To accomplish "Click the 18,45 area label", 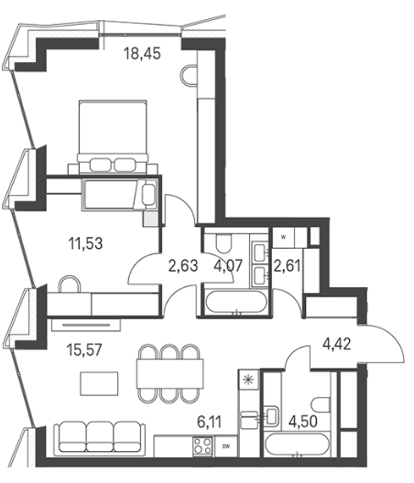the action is click(x=142, y=53).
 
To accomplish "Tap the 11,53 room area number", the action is click(x=85, y=243).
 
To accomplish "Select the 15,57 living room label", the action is click(x=84, y=350).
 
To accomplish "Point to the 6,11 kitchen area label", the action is click(x=210, y=422).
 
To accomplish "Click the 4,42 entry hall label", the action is click(x=336, y=344).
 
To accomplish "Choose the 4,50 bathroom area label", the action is click(x=302, y=422).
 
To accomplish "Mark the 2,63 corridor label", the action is click(x=183, y=266).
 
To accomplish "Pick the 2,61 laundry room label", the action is click(x=287, y=266).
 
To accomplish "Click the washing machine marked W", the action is click(x=283, y=237).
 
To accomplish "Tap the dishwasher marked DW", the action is click(x=226, y=446).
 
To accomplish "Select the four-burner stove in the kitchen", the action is click(x=202, y=446).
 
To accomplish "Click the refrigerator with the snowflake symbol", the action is click(x=249, y=381).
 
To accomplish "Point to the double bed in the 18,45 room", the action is click(x=113, y=136).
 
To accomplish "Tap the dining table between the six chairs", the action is click(x=170, y=373).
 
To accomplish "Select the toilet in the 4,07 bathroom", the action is click(x=224, y=243).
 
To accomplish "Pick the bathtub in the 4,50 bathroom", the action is click(x=296, y=445).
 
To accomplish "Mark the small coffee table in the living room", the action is click(x=99, y=383).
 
